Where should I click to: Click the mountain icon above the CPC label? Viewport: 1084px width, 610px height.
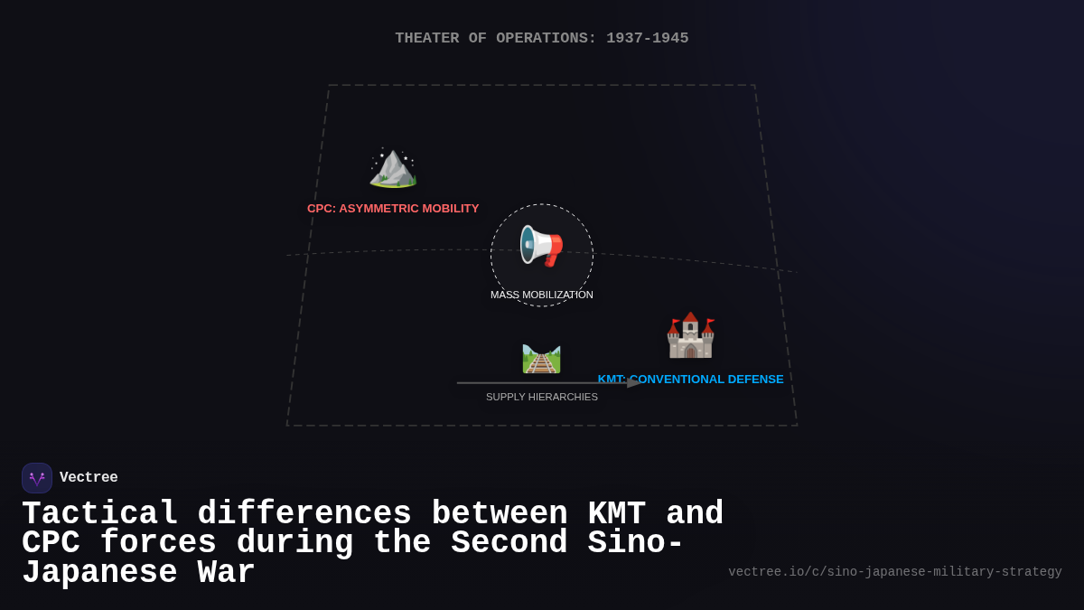coord(393,167)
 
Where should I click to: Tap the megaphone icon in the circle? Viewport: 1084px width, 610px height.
coord(541,246)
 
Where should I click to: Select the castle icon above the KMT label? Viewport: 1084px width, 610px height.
coord(690,335)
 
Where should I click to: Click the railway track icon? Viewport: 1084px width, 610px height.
coord(541,359)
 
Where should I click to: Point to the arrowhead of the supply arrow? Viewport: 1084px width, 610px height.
coord(633,383)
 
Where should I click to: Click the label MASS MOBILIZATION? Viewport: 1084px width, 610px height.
coord(541,295)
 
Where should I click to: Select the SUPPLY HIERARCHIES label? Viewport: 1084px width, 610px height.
coord(541,397)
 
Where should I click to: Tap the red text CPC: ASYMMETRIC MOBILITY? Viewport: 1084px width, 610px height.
coord(393,209)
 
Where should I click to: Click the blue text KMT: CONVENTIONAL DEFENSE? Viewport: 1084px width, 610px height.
coord(691,380)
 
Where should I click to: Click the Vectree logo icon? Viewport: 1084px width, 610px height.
coord(37,478)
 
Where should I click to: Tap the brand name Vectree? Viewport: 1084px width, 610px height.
coord(89,478)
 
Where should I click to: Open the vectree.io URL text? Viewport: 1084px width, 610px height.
coord(894,572)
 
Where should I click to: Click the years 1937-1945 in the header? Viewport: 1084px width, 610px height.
coord(647,39)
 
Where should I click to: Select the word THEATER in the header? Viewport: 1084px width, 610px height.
coord(426,39)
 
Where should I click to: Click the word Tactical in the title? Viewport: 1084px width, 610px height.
coord(99,514)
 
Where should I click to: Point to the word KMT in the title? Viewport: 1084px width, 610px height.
coord(616,514)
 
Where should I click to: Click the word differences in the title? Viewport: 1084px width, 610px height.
coord(304,514)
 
